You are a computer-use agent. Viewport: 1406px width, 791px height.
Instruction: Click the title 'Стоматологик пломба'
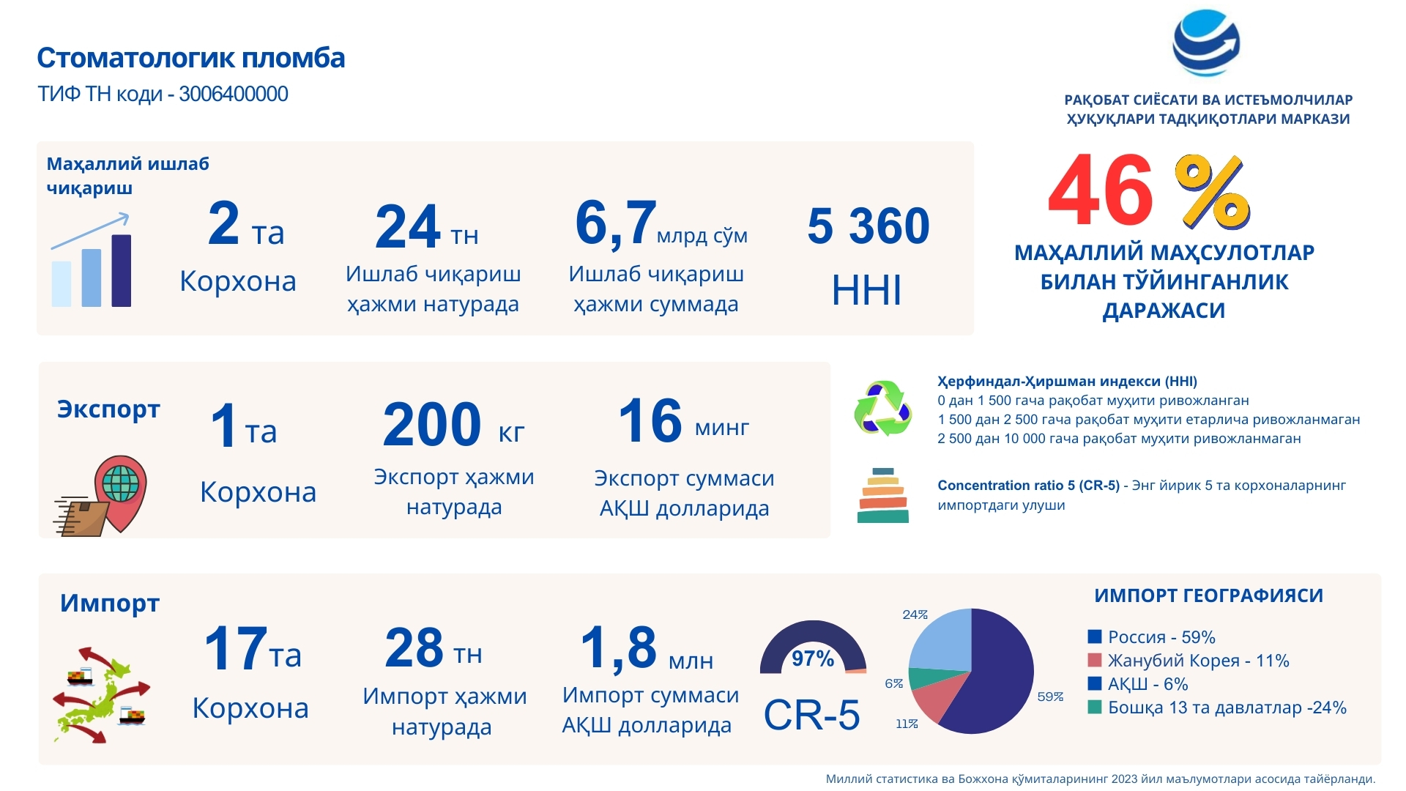191,58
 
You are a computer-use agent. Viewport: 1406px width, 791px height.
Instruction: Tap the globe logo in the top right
1206,43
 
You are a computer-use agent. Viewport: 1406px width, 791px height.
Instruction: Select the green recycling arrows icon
883,408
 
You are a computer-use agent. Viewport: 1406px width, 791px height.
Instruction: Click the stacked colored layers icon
882,496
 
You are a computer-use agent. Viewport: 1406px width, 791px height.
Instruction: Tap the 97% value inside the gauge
813,658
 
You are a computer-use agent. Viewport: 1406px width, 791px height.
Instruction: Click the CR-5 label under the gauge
811,715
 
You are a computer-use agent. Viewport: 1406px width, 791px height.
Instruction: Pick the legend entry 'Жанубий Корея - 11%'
1189,661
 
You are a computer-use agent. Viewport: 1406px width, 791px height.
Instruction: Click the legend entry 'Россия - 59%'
1152,637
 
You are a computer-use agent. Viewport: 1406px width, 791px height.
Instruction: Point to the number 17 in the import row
236,648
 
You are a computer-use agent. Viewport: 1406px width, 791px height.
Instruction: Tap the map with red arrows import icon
101,695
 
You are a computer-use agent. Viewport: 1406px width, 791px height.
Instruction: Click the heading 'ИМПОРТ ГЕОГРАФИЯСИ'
1209,595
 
